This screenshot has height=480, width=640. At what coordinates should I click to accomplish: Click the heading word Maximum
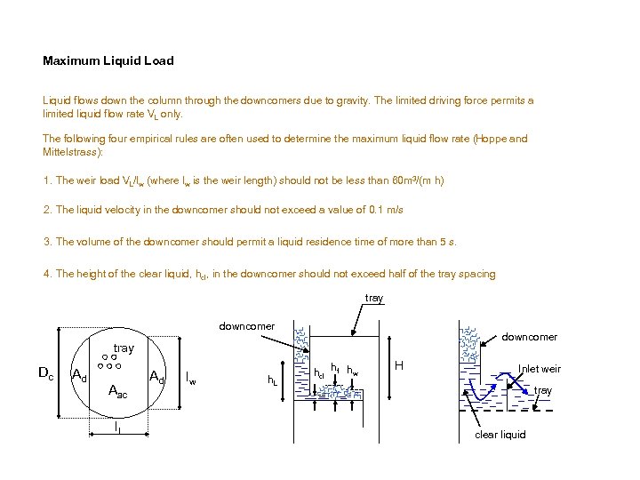pyautogui.click(x=70, y=61)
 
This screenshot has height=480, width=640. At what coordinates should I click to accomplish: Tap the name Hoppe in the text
pyautogui.click(x=492, y=139)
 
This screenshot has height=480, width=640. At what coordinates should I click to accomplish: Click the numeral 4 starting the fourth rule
pyautogui.click(x=46, y=274)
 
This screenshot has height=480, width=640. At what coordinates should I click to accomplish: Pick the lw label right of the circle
pyautogui.click(x=190, y=380)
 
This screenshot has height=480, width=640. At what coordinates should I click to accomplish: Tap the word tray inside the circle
pyautogui.click(x=124, y=348)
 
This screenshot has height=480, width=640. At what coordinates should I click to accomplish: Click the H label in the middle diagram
pyautogui.click(x=399, y=365)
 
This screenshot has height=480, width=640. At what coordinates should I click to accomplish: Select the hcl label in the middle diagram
pyautogui.click(x=319, y=372)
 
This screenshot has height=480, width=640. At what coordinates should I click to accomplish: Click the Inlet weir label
pyautogui.click(x=540, y=369)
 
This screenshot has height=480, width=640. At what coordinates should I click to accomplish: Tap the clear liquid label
pyautogui.click(x=500, y=435)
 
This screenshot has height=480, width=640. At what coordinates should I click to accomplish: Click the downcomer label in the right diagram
pyautogui.click(x=530, y=337)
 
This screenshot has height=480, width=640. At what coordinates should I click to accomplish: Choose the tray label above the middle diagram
pyautogui.click(x=374, y=299)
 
